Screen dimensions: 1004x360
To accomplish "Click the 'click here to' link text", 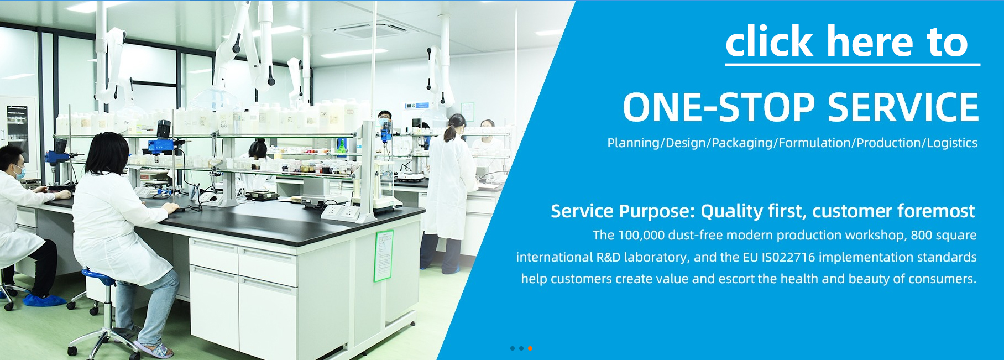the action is click(x=846, y=41).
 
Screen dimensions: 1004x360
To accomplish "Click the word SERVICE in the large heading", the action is click(x=903, y=107).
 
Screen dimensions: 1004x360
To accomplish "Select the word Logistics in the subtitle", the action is click(x=952, y=143).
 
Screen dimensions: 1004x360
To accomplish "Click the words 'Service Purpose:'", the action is click(x=623, y=211).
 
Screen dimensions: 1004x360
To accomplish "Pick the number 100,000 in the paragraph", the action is click(x=641, y=235).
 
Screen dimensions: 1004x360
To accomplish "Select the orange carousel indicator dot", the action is click(x=530, y=348).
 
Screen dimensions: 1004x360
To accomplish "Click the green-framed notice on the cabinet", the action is click(x=384, y=255).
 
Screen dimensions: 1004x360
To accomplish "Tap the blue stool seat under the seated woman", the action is click(x=98, y=275).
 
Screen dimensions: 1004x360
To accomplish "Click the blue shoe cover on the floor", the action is click(x=45, y=300).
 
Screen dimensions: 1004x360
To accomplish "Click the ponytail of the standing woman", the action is click(x=451, y=132).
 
